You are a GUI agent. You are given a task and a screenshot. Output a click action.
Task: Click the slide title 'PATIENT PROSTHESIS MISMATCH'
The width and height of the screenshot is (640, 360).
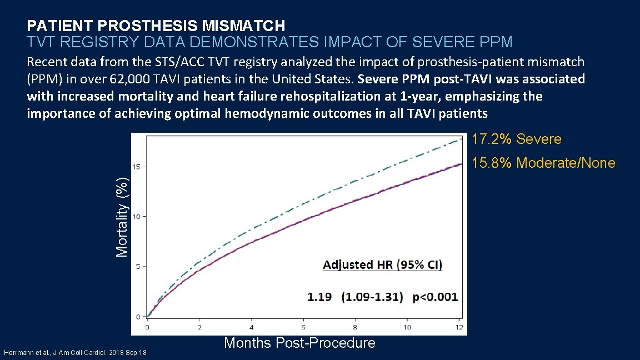[x=156, y=26]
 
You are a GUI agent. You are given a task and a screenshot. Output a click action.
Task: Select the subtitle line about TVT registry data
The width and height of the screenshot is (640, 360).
[x=269, y=42]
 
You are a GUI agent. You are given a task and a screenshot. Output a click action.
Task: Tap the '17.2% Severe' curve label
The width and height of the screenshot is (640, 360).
[x=516, y=139]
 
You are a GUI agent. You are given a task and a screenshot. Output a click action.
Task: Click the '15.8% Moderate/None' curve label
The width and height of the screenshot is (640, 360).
[x=543, y=163]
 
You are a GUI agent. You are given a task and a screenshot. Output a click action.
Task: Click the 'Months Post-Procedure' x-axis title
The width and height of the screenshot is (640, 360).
[x=299, y=343]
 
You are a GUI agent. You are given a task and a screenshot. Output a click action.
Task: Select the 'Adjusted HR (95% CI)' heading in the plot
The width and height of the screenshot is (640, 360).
[x=383, y=264]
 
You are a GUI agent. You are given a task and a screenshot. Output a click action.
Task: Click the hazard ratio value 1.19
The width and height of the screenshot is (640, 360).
[x=319, y=297]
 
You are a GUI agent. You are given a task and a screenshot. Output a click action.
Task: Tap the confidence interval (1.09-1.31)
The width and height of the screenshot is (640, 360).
[x=372, y=297]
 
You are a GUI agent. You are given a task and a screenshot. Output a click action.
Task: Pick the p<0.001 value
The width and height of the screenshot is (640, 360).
[x=435, y=297]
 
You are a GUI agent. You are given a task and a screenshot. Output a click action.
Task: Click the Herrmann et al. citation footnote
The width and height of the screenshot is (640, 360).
[x=75, y=352]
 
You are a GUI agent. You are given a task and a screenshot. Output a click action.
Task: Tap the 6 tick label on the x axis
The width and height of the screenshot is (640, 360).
[x=303, y=327]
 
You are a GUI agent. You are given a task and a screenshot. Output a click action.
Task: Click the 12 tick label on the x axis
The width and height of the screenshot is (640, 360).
[x=458, y=327]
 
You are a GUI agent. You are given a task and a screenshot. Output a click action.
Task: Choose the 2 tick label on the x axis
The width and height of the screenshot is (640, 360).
[x=199, y=327]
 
